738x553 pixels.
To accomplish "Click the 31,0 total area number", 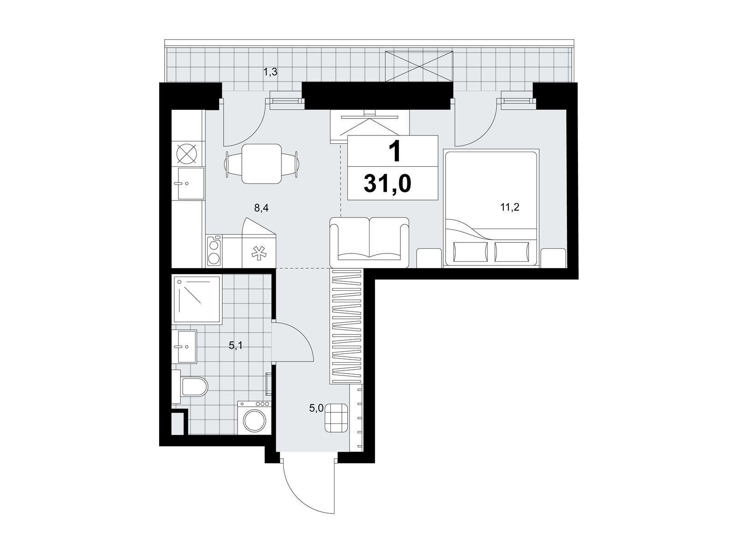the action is point(387,184).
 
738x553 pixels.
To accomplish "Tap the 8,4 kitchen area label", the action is point(261,208).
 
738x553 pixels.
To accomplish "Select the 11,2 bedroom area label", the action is point(510,207).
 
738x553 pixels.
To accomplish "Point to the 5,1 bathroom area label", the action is point(235,346).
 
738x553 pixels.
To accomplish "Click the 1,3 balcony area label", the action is point(270,71).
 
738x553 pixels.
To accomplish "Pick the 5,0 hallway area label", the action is point(316,408).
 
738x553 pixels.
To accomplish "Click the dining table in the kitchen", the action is point(261,164).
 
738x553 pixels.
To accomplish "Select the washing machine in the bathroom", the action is point(254,418).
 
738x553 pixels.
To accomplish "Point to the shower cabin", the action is point(196,300).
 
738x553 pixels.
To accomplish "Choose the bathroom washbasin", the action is point(187,347).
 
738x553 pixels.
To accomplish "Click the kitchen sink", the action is point(191,184).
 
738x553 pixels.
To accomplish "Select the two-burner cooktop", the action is point(214,251).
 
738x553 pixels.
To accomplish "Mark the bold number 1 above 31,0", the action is point(395,152).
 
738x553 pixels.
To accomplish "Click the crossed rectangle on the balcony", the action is point(419,66).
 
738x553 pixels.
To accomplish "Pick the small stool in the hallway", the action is point(336,418).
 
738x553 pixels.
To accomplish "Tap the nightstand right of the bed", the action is point(553,258).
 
